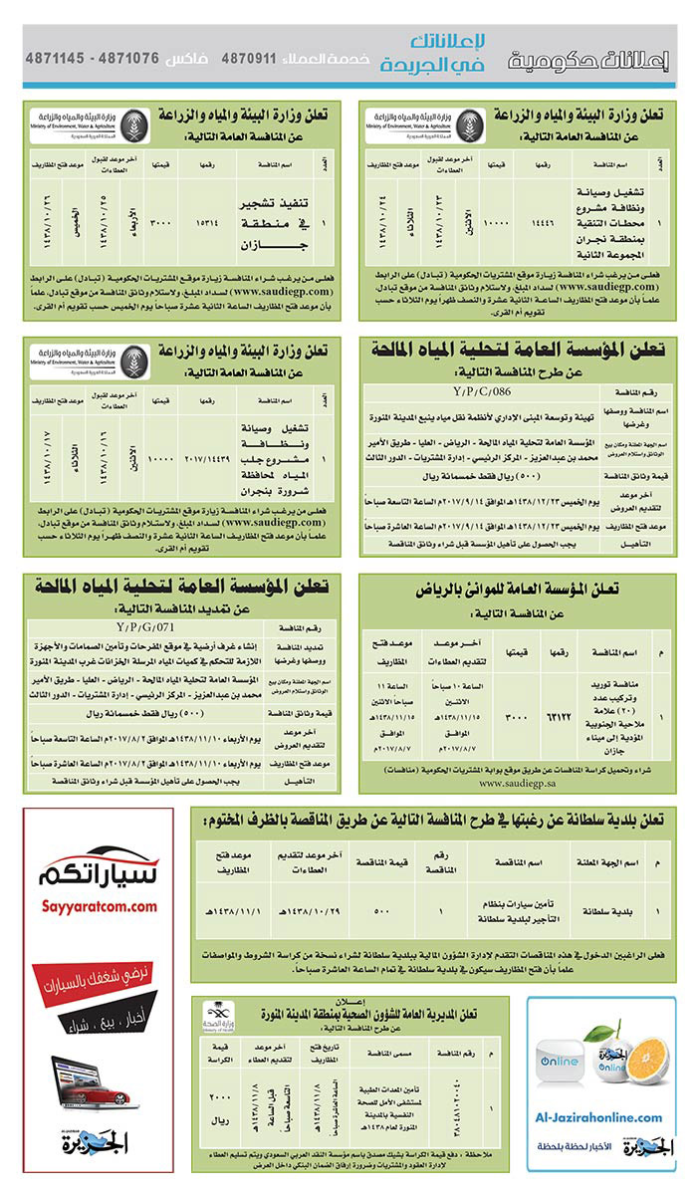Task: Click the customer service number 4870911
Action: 247,57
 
